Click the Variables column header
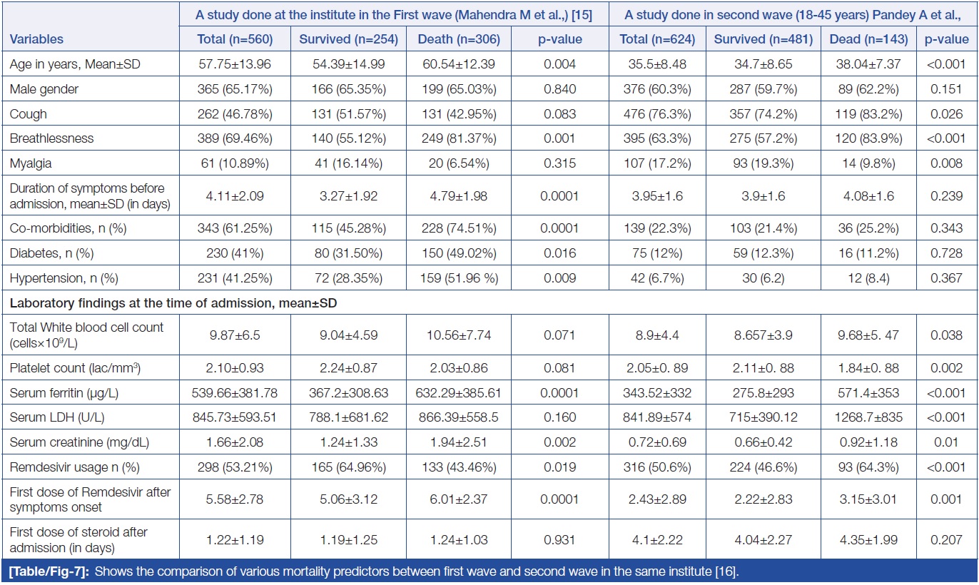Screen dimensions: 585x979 [x=36, y=40]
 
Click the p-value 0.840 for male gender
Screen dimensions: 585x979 [x=560, y=88]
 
